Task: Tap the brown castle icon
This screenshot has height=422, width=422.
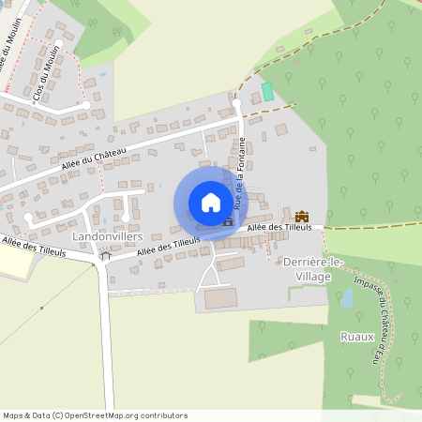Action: coord(302,217)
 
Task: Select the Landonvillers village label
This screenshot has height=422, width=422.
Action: coord(113,237)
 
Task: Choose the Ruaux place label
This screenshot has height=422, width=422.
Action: coord(357,336)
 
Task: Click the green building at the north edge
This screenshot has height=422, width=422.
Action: coord(266,92)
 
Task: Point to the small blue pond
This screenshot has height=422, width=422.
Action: coord(347,298)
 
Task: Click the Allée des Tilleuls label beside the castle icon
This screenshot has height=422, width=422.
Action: coord(272,228)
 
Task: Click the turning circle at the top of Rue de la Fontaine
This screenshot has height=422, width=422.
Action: coord(237,102)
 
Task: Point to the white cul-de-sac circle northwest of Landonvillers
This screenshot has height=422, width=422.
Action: coord(29,219)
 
